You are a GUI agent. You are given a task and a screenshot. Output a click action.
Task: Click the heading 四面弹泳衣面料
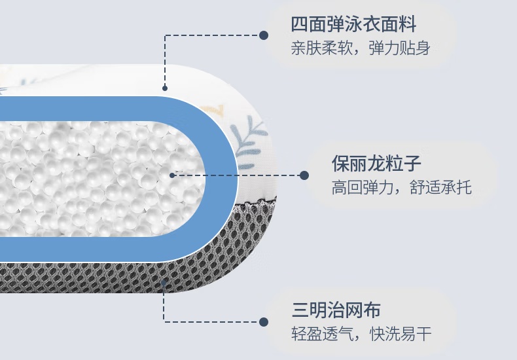click(x=353, y=26)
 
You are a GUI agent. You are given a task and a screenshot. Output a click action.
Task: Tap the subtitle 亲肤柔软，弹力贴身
click(x=361, y=49)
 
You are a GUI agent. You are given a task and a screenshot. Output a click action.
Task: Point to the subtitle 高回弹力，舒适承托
click(x=401, y=188)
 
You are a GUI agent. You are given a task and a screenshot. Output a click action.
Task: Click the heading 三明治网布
click(x=336, y=310)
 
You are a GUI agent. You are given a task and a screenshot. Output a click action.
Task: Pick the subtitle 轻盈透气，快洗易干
click(x=361, y=334)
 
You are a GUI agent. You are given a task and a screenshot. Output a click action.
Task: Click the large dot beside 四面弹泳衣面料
click(x=264, y=35)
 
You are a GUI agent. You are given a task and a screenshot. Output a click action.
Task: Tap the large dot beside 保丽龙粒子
click(x=304, y=175)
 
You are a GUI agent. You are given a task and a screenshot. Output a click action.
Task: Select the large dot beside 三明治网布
click(x=264, y=322)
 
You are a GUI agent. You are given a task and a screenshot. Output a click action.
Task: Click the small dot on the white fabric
click(x=165, y=88)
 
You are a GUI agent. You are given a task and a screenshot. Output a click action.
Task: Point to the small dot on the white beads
click(x=172, y=175)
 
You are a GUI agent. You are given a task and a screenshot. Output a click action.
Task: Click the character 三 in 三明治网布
click(x=300, y=310)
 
